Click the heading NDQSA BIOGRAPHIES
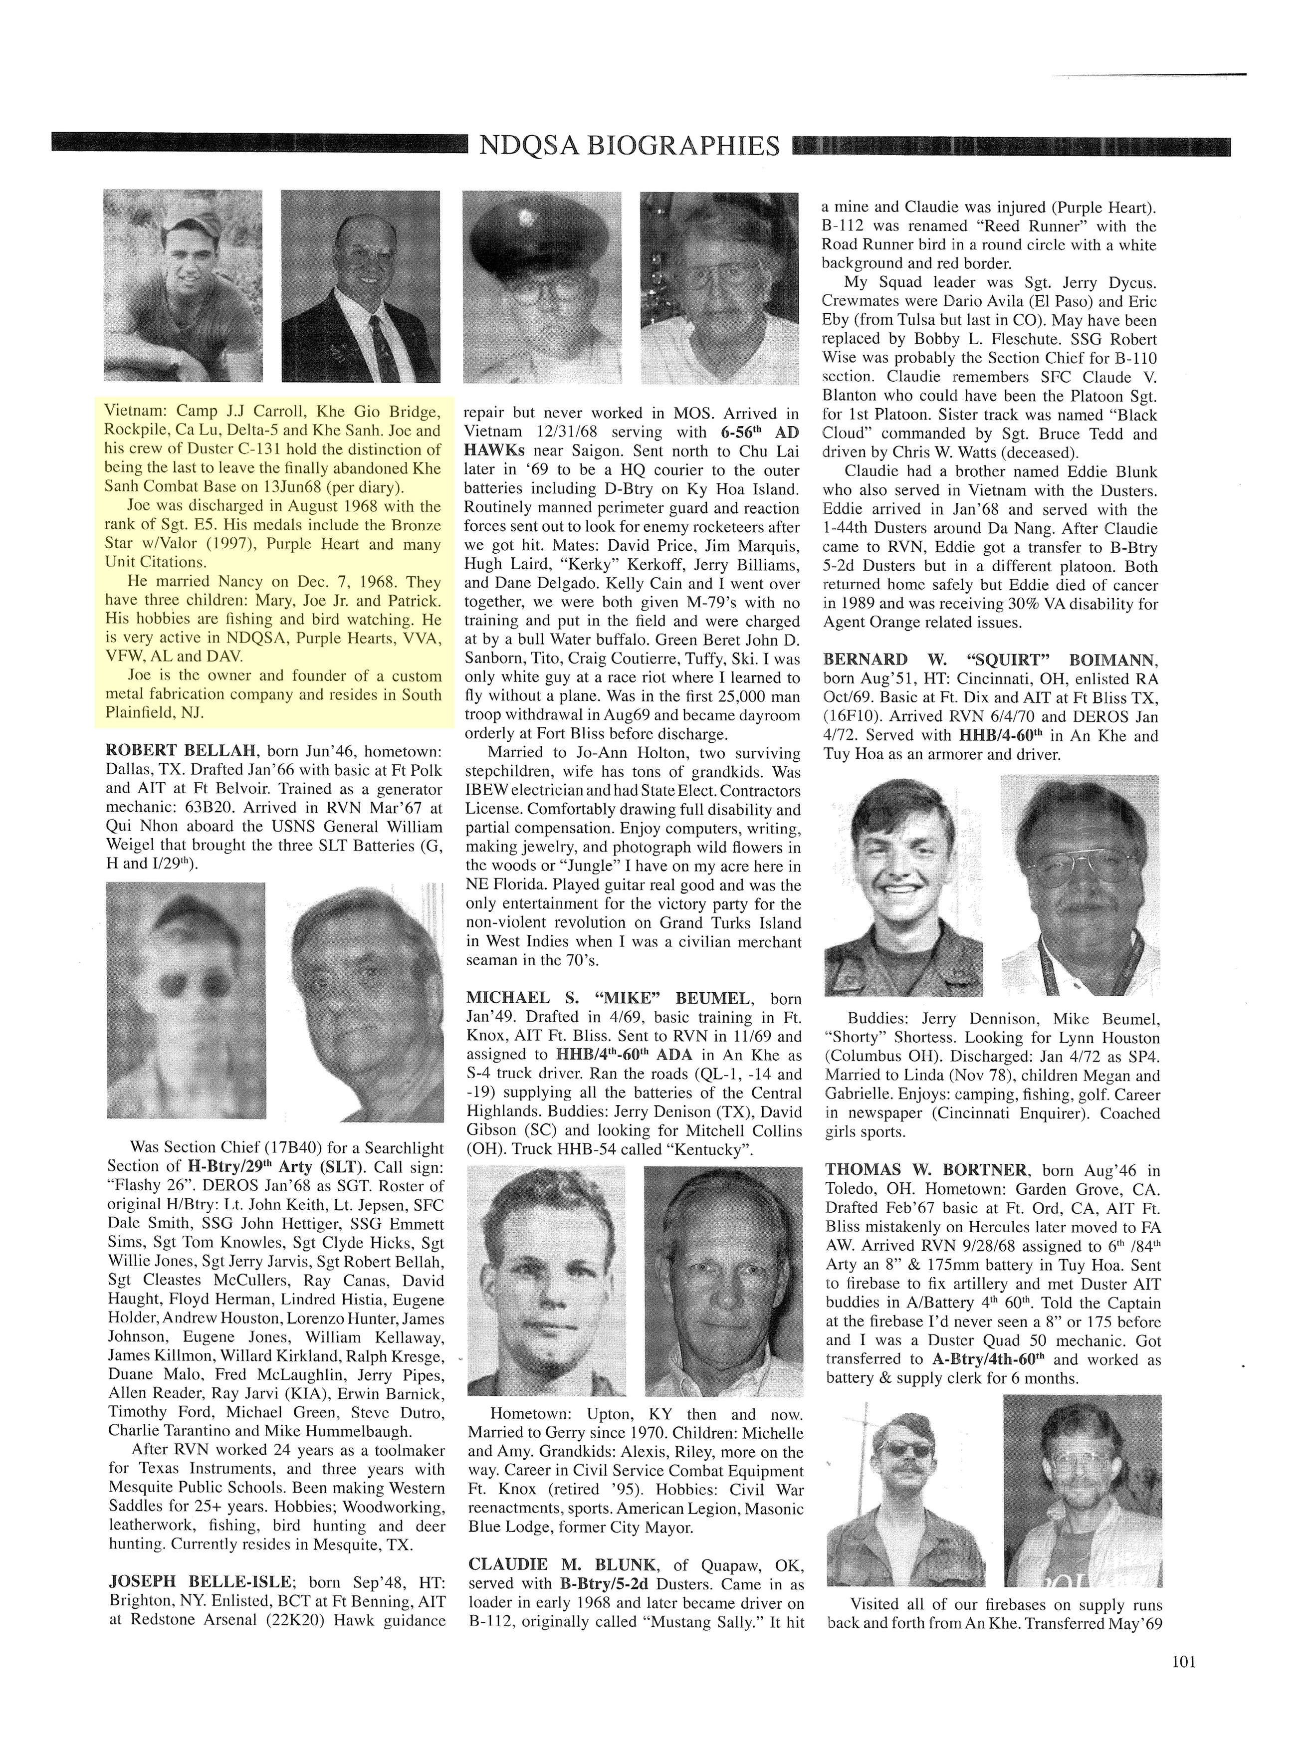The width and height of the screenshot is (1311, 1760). click(630, 146)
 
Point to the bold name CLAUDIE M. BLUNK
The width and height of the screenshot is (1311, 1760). click(562, 1564)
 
